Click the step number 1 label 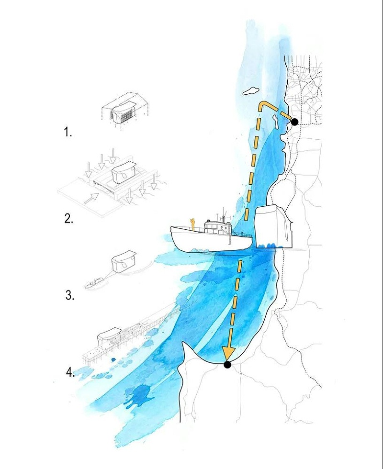coord(68,132)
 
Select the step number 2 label coord(68,219)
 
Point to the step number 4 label coord(70,372)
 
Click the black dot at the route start coord(294,122)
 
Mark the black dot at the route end coord(227,365)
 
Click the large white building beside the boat coord(273,227)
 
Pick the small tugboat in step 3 coord(94,283)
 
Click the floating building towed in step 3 coord(124,261)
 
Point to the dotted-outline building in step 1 coord(125,111)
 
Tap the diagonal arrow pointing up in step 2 coord(91,198)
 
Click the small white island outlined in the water coord(251,90)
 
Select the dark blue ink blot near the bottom coord(140,396)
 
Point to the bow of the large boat coord(173,231)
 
